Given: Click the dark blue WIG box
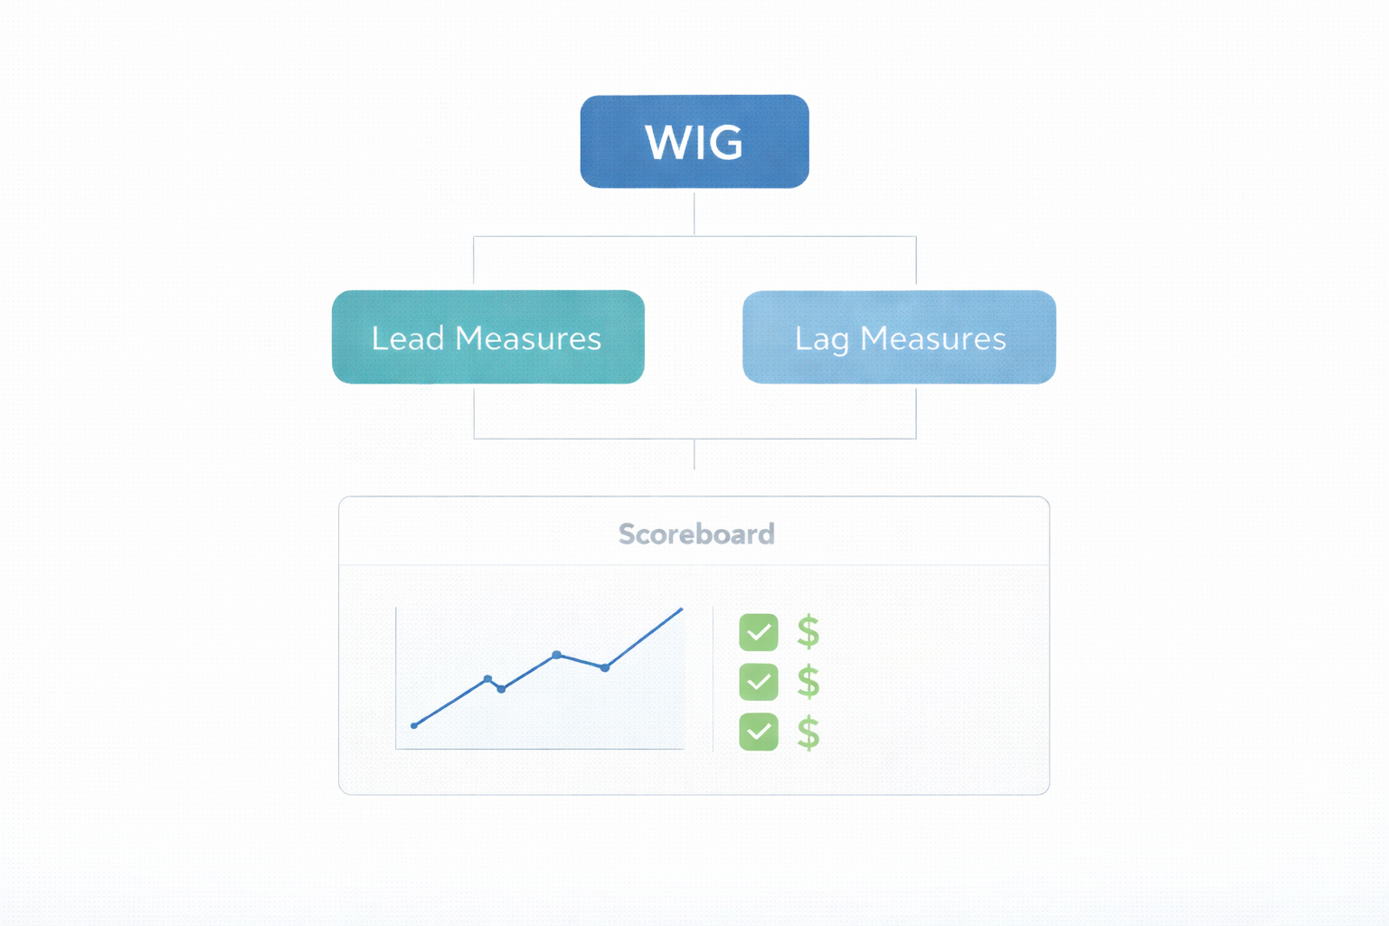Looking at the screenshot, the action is (x=694, y=141).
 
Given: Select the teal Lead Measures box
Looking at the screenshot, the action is (x=487, y=337).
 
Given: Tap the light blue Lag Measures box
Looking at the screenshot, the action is (x=899, y=337).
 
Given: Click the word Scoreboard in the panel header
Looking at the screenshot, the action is (x=696, y=534).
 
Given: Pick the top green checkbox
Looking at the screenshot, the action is (x=758, y=632).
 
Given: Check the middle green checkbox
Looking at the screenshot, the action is (x=758, y=682).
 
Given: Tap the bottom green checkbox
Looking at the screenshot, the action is (x=758, y=732).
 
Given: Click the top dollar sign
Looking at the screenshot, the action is (x=808, y=632).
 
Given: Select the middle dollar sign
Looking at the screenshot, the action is (x=808, y=682).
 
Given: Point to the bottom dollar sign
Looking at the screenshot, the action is (x=808, y=732).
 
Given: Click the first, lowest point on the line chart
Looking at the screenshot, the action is (x=414, y=725).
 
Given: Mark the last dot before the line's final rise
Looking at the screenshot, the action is (x=605, y=667).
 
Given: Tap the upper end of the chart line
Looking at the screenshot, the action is (x=681, y=609).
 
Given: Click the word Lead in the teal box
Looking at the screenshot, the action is (x=408, y=338).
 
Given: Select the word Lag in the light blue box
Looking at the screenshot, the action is (x=822, y=339).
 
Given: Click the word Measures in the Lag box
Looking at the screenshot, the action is (x=933, y=338).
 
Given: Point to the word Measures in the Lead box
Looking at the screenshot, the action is (x=528, y=338).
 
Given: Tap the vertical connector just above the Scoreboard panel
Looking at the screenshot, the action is (x=694, y=455).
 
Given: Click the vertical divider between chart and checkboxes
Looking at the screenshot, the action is (x=713, y=678).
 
